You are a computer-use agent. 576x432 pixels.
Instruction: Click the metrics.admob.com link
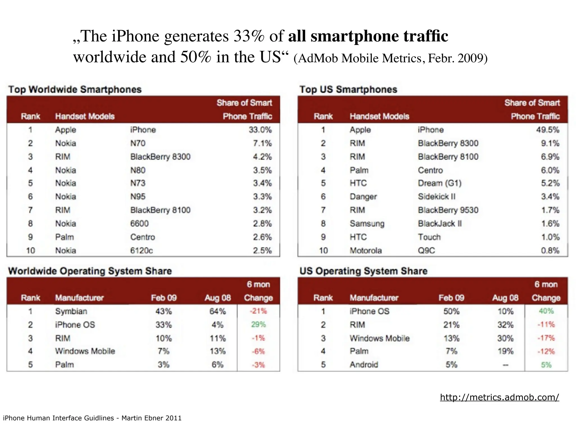(x=499, y=397)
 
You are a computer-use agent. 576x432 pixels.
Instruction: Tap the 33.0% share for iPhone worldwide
(x=260, y=130)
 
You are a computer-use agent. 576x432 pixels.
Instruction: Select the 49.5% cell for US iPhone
(x=547, y=130)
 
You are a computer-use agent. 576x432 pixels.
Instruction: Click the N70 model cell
(x=138, y=143)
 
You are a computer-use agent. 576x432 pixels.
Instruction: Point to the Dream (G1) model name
(x=440, y=183)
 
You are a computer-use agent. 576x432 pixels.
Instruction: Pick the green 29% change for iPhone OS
(x=258, y=325)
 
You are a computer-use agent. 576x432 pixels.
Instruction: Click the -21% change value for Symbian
(x=258, y=311)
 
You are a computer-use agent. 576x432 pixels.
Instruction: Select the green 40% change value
(x=546, y=311)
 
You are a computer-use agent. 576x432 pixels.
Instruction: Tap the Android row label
(x=364, y=365)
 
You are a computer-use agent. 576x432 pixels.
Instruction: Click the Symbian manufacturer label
(x=71, y=311)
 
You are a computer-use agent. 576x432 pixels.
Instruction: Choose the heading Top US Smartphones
(x=348, y=89)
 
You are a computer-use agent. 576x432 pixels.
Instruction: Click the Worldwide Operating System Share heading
(x=90, y=271)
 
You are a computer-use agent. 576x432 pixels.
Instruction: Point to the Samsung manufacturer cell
(x=367, y=224)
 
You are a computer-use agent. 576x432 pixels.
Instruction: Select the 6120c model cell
(x=141, y=251)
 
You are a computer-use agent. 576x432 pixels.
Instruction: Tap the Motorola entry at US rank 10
(x=366, y=251)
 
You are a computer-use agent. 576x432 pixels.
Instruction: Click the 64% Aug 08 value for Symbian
(x=217, y=311)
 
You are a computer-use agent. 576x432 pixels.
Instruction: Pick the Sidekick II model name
(x=436, y=197)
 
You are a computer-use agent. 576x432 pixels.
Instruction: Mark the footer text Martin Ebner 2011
(x=151, y=418)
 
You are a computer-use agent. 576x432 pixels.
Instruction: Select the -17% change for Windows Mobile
(x=546, y=338)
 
